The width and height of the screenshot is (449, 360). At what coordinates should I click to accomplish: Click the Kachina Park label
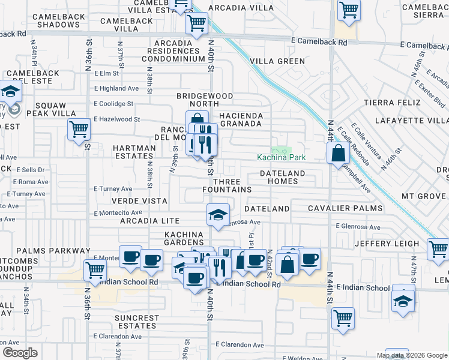[281, 158]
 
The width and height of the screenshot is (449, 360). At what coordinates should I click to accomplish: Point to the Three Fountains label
[227, 185]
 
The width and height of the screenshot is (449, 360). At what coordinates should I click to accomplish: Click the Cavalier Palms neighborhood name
[345, 208]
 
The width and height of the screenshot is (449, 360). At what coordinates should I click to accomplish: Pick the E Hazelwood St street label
[116, 119]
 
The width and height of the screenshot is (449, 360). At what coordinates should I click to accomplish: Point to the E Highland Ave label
[116, 88]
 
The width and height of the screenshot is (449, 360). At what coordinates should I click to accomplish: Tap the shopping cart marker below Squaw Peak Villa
[79, 129]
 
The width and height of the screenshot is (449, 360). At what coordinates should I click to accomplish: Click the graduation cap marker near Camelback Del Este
[11, 92]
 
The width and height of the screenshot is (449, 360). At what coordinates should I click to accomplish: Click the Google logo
[20, 353]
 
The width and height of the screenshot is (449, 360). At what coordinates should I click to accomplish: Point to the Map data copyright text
[412, 355]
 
